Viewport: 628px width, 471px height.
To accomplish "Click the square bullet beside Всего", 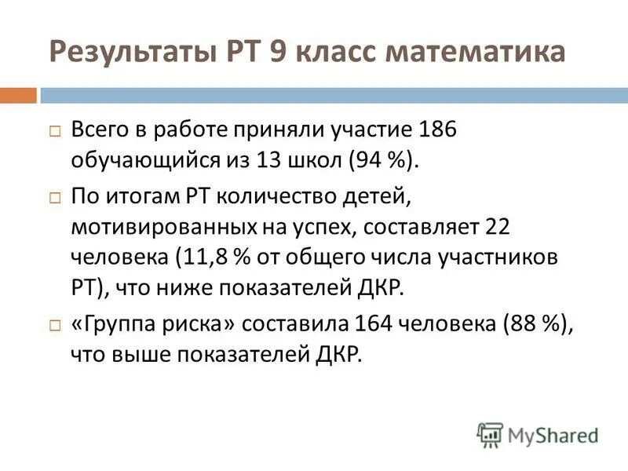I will point(54,131).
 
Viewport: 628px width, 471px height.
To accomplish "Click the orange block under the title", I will point(18,95).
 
